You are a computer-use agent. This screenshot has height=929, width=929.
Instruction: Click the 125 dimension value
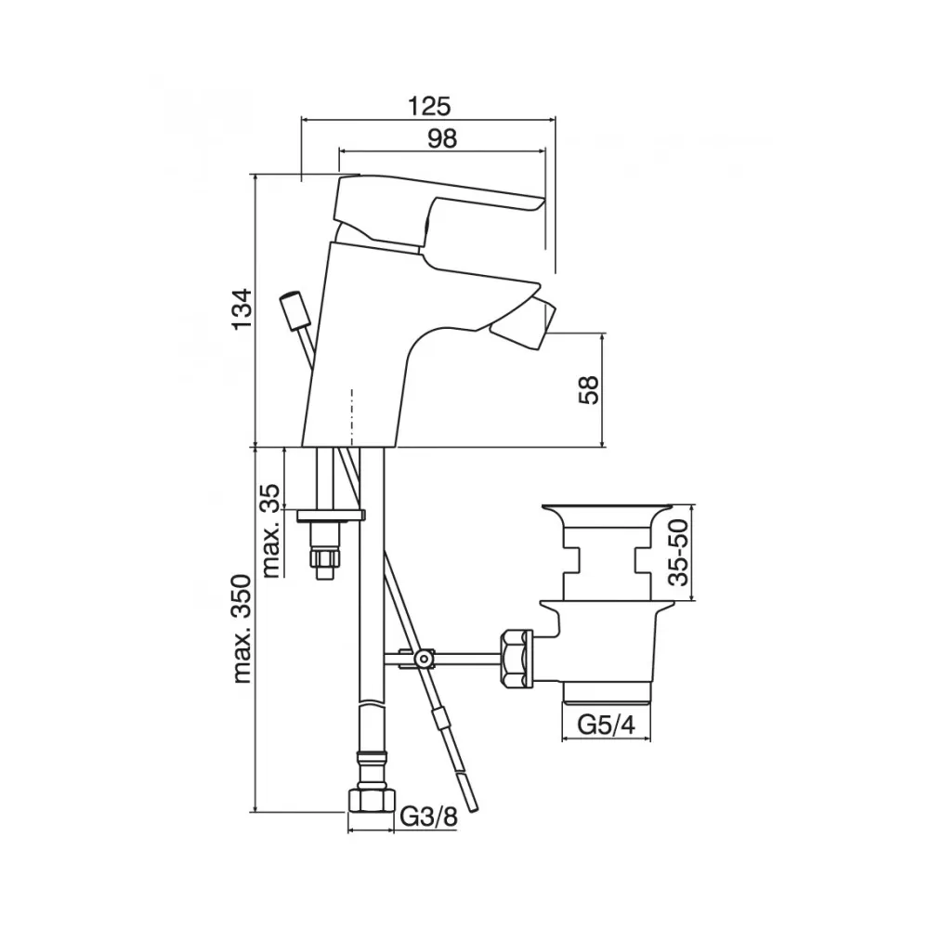429,106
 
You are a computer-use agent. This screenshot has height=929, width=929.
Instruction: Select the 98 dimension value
442,138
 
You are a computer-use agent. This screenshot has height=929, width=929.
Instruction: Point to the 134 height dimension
242,309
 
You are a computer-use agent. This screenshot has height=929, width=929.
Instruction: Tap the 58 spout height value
589,389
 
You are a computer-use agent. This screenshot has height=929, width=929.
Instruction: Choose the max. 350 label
242,629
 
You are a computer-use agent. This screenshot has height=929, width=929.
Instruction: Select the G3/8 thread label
429,817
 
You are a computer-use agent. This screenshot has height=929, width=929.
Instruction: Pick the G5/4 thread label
606,725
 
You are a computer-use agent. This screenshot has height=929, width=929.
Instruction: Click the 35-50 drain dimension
679,552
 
